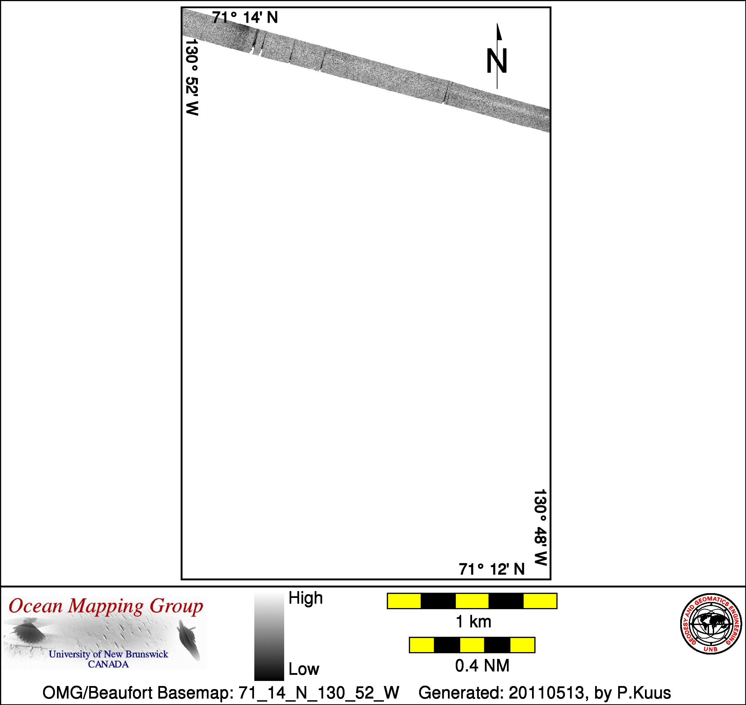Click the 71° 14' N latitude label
pyautogui.click(x=245, y=18)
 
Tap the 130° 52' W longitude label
pyautogui.click(x=192, y=77)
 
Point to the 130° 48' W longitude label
pyautogui.click(x=540, y=527)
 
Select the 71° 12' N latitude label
pyautogui.click(x=491, y=569)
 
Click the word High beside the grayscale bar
pyautogui.click(x=305, y=598)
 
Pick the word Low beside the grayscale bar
pyautogui.click(x=304, y=669)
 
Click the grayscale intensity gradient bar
pyautogui.click(x=269, y=637)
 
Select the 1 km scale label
pyautogui.click(x=473, y=622)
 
